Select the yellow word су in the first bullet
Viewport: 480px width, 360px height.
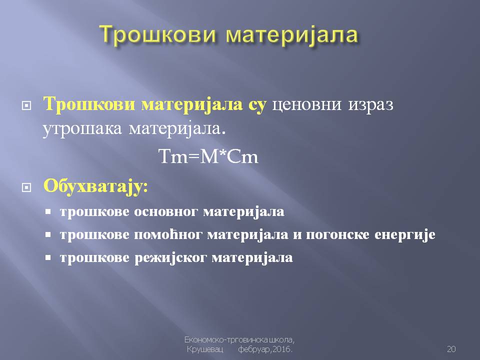point(257,104)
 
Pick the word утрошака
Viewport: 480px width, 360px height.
point(82,129)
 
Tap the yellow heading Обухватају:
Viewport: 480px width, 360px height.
point(95,186)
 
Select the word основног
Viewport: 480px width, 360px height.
point(165,212)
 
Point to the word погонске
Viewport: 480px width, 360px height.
point(337,235)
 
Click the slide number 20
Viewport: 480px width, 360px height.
point(451,348)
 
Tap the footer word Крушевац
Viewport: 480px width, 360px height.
point(205,349)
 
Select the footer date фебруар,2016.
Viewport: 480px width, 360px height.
point(265,349)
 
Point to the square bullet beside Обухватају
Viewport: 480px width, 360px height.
point(26,187)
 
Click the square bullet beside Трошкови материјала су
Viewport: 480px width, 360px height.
point(26,105)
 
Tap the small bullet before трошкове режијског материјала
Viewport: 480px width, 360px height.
point(48,257)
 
